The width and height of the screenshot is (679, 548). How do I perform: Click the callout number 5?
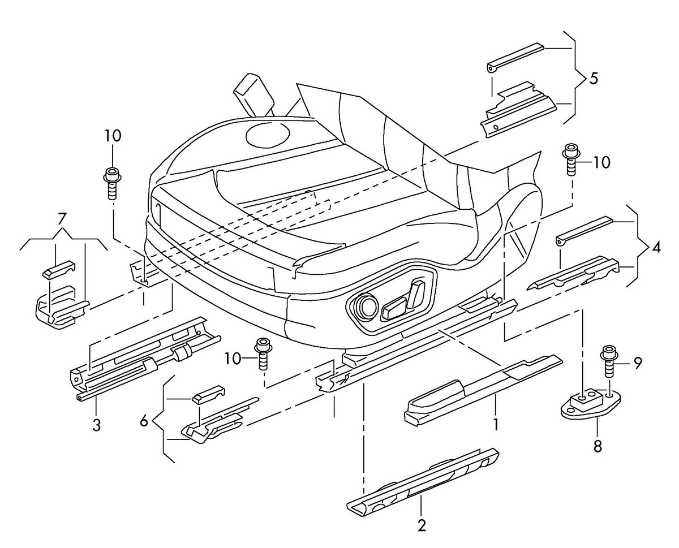593,79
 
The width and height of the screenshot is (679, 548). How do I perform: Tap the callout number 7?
62,219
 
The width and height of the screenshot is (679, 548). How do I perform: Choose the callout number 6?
144,422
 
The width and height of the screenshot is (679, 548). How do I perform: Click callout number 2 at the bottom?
422,525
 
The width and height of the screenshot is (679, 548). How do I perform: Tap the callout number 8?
598,446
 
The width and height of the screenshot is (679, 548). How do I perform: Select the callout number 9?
638,363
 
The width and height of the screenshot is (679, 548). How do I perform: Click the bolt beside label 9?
608,361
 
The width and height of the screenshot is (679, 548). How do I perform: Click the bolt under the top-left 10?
111,183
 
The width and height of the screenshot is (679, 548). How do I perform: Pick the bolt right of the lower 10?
263,353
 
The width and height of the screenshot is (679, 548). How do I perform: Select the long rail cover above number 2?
422,482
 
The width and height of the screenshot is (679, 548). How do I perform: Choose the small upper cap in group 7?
59,270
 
